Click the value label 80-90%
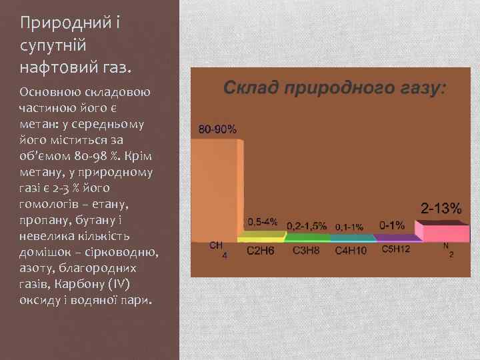click(x=217, y=129)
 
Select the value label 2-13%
click(x=440, y=208)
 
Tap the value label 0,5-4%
click(x=263, y=221)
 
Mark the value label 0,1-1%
click(x=349, y=226)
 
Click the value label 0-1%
click(x=391, y=225)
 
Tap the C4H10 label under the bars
click(x=351, y=251)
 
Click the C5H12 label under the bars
click(x=395, y=249)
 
